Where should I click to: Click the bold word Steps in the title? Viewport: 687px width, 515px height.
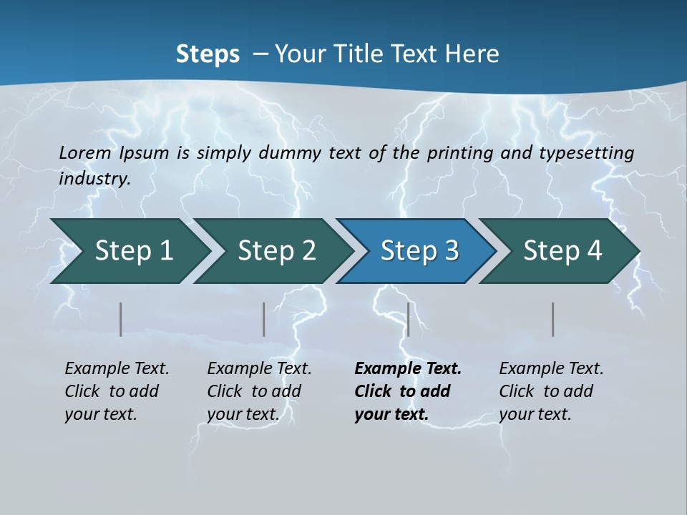click(x=208, y=54)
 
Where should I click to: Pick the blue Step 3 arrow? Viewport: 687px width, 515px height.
click(x=419, y=251)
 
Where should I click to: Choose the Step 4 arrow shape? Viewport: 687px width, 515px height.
click(x=562, y=251)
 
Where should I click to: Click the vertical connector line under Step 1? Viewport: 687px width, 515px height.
click(x=121, y=319)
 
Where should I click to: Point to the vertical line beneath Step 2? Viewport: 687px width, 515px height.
click(x=264, y=319)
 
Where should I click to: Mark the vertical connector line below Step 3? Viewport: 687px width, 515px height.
click(x=408, y=319)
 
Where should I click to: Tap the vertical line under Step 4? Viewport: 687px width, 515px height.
click(x=553, y=319)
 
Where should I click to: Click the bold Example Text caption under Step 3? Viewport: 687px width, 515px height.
click(x=408, y=391)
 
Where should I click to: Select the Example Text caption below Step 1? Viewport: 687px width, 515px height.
click(x=117, y=391)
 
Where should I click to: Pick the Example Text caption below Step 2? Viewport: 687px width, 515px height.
click(x=259, y=391)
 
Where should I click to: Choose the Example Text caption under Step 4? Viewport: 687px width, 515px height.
click(x=551, y=391)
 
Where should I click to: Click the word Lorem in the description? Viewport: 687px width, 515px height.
click(x=85, y=152)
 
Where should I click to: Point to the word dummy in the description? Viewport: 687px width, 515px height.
click(x=290, y=153)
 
